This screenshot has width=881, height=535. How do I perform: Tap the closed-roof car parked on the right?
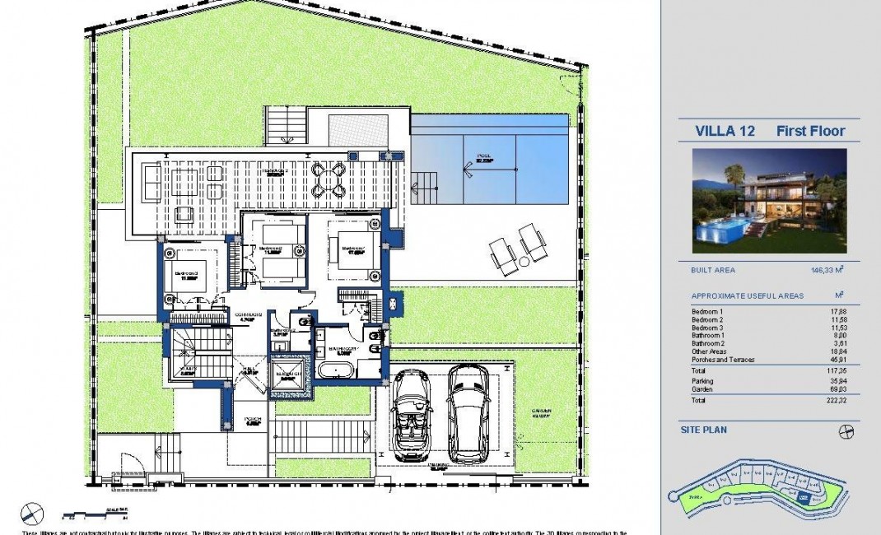pos(468,413)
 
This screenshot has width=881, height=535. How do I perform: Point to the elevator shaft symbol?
pos(289,372)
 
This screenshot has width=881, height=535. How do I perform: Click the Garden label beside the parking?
pos(541,412)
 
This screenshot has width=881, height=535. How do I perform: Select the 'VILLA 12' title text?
pos(725,131)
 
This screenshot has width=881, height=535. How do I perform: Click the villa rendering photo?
pos(769,200)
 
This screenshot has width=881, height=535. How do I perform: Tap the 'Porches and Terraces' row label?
pos(723,360)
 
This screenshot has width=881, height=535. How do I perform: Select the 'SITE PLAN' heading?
pos(703,430)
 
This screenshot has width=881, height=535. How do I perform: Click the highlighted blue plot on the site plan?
pos(803,497)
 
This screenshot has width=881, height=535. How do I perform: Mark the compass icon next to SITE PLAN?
pos(846,431)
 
